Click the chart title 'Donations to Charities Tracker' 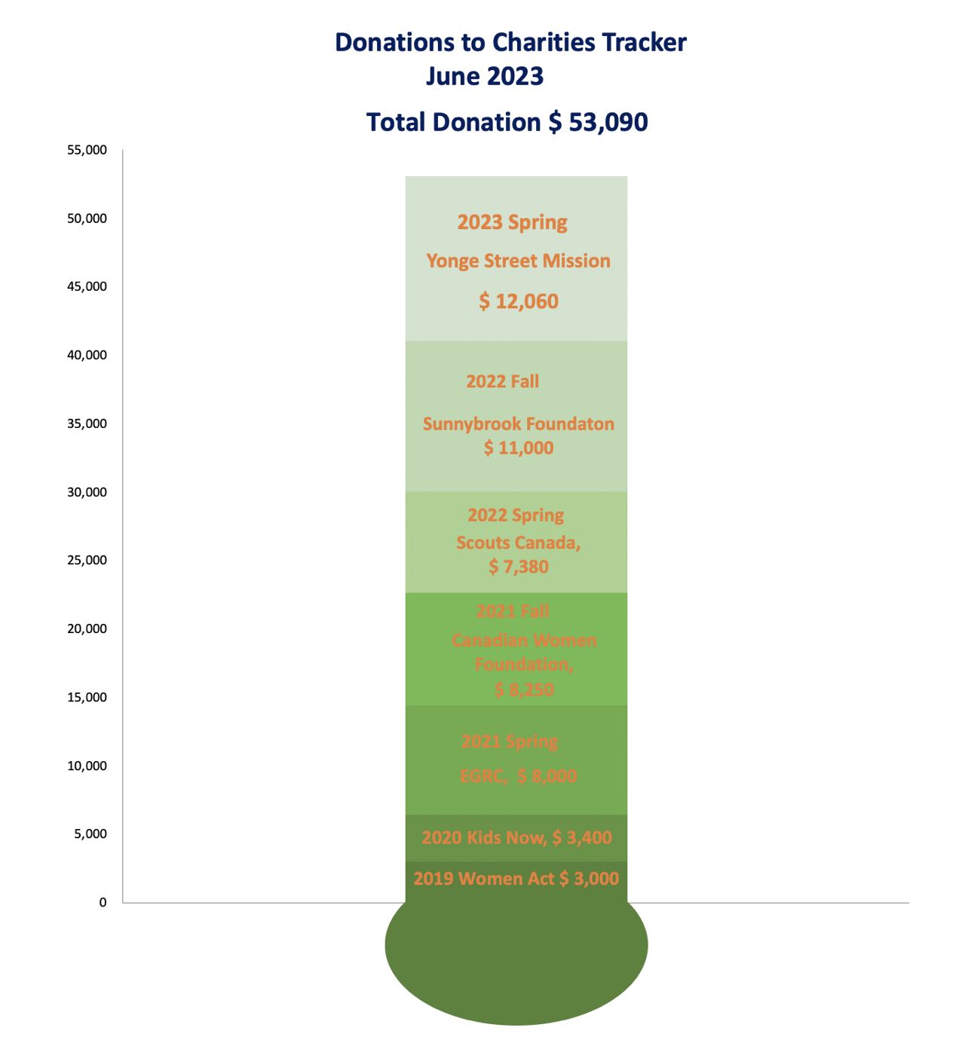coord(510,42)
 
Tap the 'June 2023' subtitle coord(484,76)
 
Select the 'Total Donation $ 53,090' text coord(507,122)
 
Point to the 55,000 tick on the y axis coord(87,150)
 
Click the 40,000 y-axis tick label coord(87,355)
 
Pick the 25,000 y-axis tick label coord(87,560)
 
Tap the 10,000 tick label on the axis coord(87,766)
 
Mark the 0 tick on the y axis coord(103,902)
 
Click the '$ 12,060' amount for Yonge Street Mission coord(519,301)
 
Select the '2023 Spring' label coord(513,222)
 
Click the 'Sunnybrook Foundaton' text coord(519,423)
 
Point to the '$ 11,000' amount coord(519,448)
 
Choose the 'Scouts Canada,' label coord(519,543)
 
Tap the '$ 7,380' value coord(519,567)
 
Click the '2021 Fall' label coord(513,611)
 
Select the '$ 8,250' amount coord(524,689)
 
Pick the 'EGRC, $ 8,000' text coord(519,776)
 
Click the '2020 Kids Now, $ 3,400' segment coord(516,837)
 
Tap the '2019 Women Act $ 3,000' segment coord(516,879)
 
